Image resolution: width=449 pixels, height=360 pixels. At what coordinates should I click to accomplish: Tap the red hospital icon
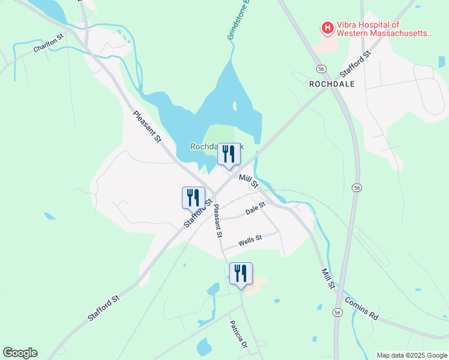(328, 28)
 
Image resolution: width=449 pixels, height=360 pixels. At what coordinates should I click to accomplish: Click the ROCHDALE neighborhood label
(332, 85)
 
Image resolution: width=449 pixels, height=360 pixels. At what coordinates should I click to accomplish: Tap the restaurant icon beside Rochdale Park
(229, 154)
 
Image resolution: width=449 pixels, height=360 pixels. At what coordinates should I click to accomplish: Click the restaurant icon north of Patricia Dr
(241, 274)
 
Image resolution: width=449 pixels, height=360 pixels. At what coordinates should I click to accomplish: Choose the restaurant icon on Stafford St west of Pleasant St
(193, 197)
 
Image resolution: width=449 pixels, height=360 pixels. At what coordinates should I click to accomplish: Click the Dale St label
(255, 209)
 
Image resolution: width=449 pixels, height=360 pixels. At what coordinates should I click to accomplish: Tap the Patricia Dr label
(238, 335)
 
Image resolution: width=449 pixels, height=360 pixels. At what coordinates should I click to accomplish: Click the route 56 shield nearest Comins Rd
(338, 313)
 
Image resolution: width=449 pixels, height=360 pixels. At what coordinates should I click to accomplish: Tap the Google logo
(20, 353)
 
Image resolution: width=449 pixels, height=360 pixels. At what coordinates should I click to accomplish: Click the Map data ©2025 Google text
(411, 355)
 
